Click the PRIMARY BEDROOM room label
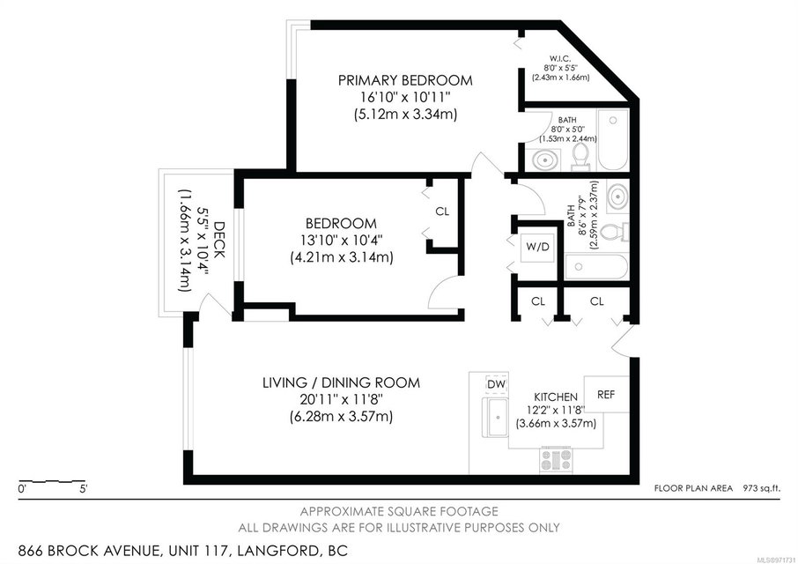click(405, 80)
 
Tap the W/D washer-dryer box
click(537, 248)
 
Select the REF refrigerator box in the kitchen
click(606, 394)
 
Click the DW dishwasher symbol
click(496, 384)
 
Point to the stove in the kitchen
click(557, 460)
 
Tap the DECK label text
click(219, 240)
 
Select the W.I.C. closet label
click(561, 57)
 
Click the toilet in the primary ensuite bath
click(580, 157)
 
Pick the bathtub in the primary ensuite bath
click(613, 139)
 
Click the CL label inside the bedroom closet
click(442, 211)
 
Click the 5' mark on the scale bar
click(83, 490)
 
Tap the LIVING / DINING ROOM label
click(341, 382)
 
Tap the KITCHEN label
click(556, 397)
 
